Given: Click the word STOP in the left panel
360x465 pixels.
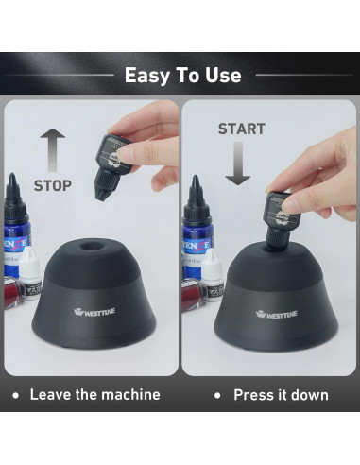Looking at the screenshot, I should point(53,185).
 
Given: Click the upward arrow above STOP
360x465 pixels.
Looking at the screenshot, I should point(53,149).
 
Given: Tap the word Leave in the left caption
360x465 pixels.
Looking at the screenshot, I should point(53,394).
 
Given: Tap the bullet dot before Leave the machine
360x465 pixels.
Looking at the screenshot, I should point(16,394).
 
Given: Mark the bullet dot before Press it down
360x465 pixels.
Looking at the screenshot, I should point(217,394).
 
